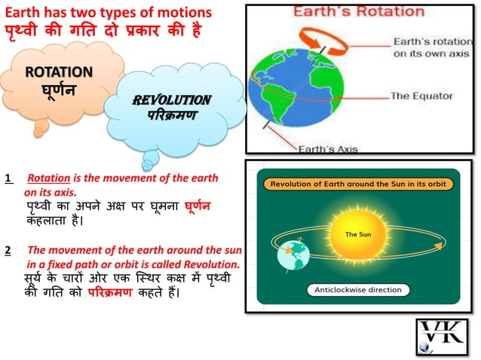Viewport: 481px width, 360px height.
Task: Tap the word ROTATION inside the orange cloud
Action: click(x=59, y=72)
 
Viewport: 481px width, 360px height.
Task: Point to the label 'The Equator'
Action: click(x=421, y=96)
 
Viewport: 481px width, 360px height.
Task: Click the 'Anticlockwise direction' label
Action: click(x=358, y=289)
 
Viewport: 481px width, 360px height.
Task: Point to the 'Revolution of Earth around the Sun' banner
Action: click(x=359, y=182)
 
